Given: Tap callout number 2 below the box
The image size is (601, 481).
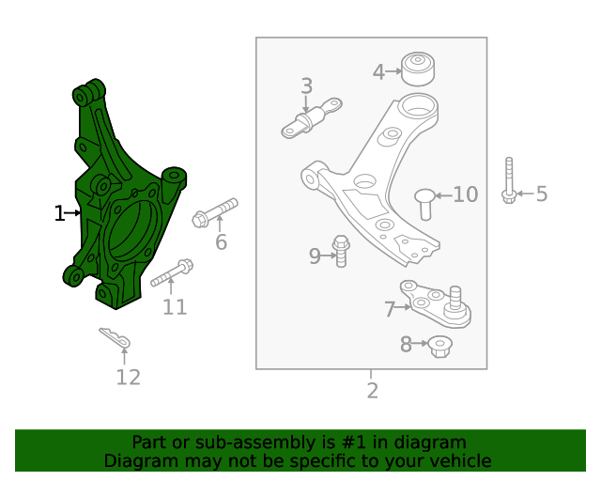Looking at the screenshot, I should click(x=372, y=391).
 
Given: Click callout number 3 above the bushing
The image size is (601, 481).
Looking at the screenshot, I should click(x=306, y=87).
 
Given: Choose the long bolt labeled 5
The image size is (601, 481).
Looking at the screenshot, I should click(x=508, y=180).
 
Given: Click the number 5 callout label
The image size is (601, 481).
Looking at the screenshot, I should click(x=541, y=194).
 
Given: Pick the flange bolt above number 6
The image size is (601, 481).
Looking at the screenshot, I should click(x=215, y=211).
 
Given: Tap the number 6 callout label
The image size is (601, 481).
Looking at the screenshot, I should click(x=221, y=242).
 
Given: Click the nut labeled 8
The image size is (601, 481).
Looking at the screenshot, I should click(x=440, y=347).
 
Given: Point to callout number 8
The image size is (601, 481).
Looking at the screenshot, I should click(x=406, y=345).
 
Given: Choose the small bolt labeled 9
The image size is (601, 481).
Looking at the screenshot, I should click(x=342, y=252).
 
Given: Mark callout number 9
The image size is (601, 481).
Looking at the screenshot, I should click(x=316, y=255).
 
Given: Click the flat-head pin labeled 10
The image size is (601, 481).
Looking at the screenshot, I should click(x=424, y=201).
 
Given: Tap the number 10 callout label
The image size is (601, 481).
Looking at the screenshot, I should click(x=466, y=194).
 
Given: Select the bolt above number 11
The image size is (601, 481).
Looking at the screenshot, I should click(x=171, y=274).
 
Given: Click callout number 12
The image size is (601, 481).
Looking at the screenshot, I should click(x=128, y=378).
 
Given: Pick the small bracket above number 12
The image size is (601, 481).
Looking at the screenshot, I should click(x=116, y=338).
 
